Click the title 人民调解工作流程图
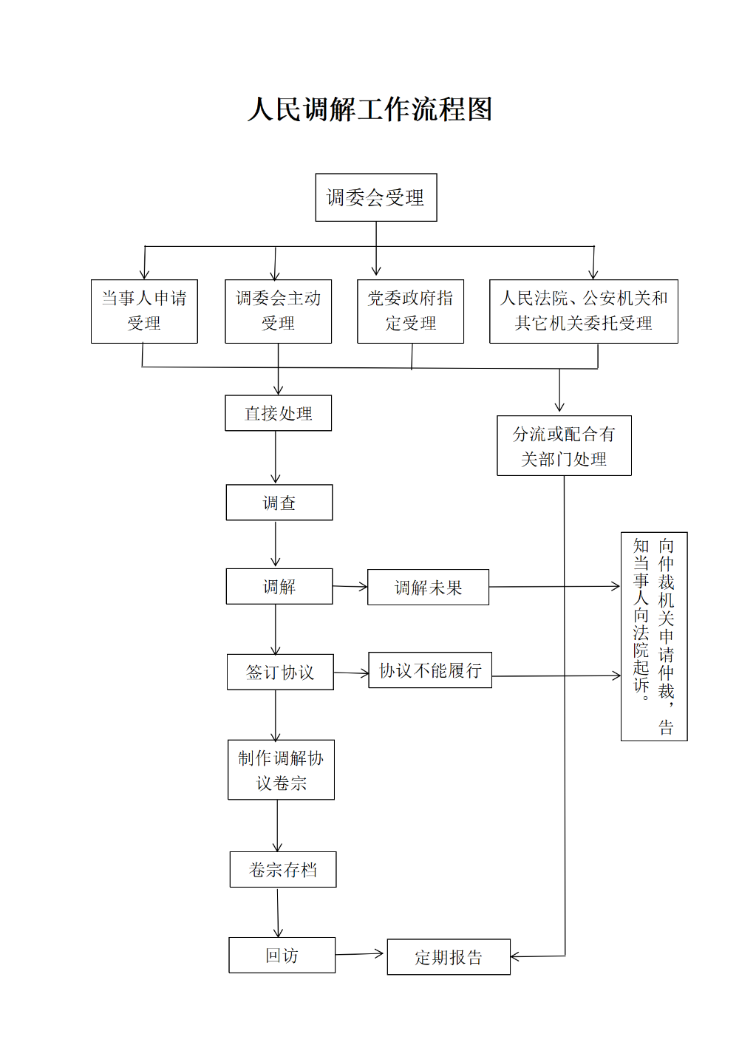[x=369, y=109]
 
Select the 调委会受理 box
[x=375, y=197]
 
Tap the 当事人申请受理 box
[x=144, y=311]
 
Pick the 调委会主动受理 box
[x=278, y=311]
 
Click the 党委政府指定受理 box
[x=410, y=311]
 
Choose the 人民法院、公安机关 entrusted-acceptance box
[x=583, y=311]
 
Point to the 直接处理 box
[x=278, y=413]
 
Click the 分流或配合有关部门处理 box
[x=564, y=446]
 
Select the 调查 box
[x=279, y=503]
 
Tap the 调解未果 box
[x=428, y=588]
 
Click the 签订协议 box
[x=280, y=672]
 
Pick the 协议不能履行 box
[x=430, y=670]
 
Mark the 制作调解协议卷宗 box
[x=281, y=769]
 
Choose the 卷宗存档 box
[x=283, y=870]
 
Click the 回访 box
[x=282, y=956]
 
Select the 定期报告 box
[x=449, y=957]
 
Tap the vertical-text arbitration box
[x=654, y=636]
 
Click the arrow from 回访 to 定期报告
[x=361, y=954]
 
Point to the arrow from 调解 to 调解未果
[x=350, y=587]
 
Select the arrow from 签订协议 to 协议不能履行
[x=351, y=673]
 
